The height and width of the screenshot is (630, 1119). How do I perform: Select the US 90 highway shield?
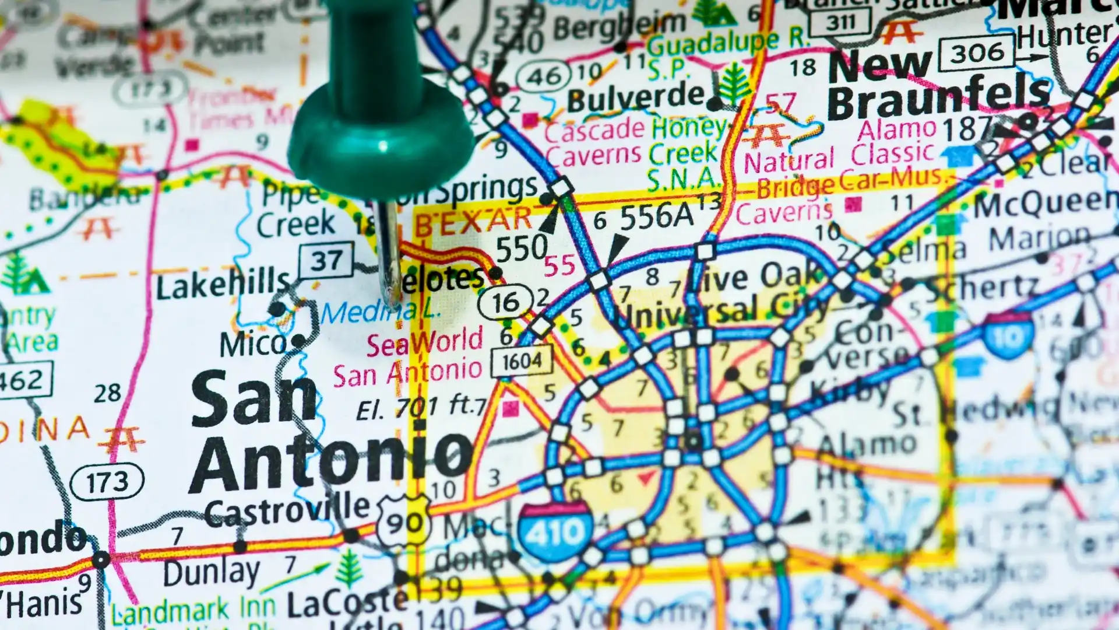(404, 521)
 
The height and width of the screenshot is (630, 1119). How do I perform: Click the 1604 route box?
(522, 362)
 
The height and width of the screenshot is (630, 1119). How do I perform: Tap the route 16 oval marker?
(505, 302)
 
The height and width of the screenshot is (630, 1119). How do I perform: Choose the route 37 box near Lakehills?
(326, 261)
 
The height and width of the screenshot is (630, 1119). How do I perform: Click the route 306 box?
(977, 54)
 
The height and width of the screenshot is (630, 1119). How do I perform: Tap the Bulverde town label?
(635, 98)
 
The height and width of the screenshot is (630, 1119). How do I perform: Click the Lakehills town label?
(223, 284)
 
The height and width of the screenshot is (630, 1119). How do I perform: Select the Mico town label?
(252, 344)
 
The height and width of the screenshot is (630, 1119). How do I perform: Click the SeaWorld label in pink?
(425, 342)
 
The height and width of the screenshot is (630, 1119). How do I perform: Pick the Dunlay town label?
(212, 572)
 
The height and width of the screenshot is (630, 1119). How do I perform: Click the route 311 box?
(840, 22)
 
